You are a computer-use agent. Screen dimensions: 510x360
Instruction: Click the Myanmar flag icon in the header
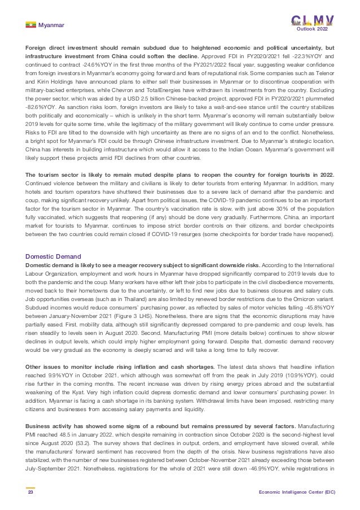click(30, 25)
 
